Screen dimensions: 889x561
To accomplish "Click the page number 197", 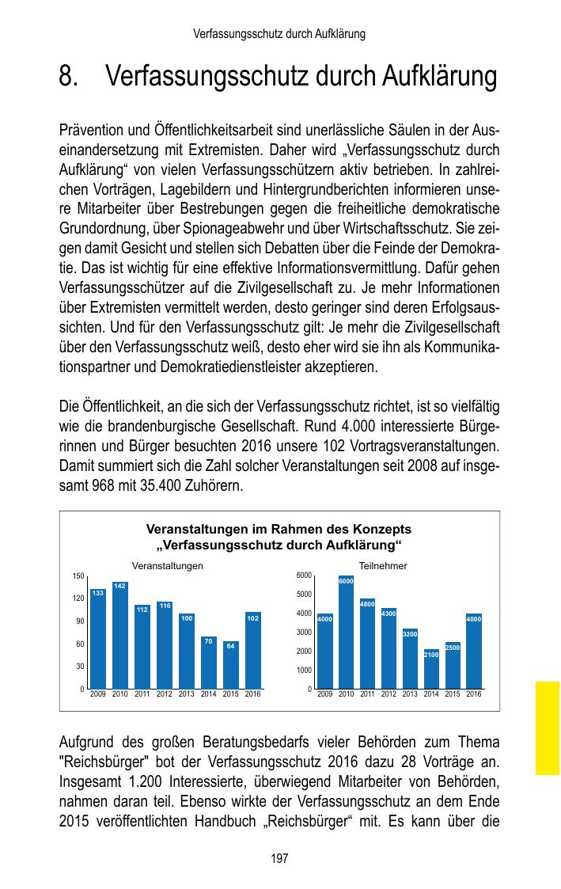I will [280, 858].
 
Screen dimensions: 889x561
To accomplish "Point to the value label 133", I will [97, 593].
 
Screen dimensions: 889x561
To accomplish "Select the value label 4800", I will [367, 604].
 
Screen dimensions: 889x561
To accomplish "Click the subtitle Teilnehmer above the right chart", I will [383, 566].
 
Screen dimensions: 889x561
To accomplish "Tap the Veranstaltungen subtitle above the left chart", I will [167, 566].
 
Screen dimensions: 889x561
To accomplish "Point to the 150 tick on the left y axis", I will [78, 576].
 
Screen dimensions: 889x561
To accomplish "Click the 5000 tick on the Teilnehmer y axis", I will [305, 594].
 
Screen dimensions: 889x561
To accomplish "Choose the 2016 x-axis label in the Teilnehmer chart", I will [474, 694].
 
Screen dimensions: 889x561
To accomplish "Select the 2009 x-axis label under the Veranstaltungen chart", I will [98, 694].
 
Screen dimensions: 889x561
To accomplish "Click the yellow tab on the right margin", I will [547, 728].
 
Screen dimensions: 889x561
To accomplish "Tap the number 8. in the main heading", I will [70, 78].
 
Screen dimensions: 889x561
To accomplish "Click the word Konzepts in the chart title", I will [382, 530].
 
